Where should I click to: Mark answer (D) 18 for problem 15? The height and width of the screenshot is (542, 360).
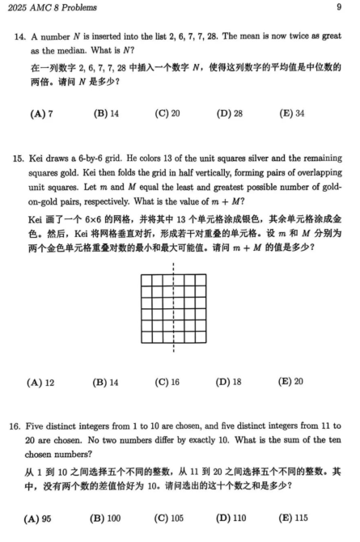(x=229, y=381)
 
